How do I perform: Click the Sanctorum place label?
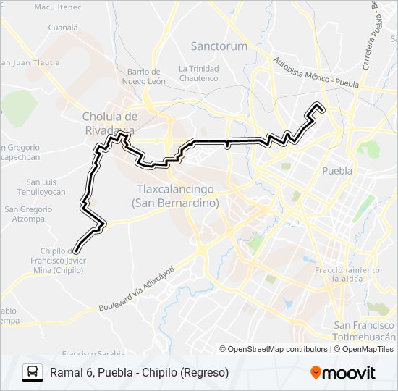point(219,46)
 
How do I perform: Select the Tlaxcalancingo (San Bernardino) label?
point(176,196)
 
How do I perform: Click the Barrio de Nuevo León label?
point(143,76)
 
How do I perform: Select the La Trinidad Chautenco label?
point(198,73)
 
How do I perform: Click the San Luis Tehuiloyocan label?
point(46,187)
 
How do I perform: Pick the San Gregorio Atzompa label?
point(28,214)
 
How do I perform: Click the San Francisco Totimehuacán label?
point(364,331)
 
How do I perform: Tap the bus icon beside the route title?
point(33,372)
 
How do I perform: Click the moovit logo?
point(343,373)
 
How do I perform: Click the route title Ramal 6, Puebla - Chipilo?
point(139,372)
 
